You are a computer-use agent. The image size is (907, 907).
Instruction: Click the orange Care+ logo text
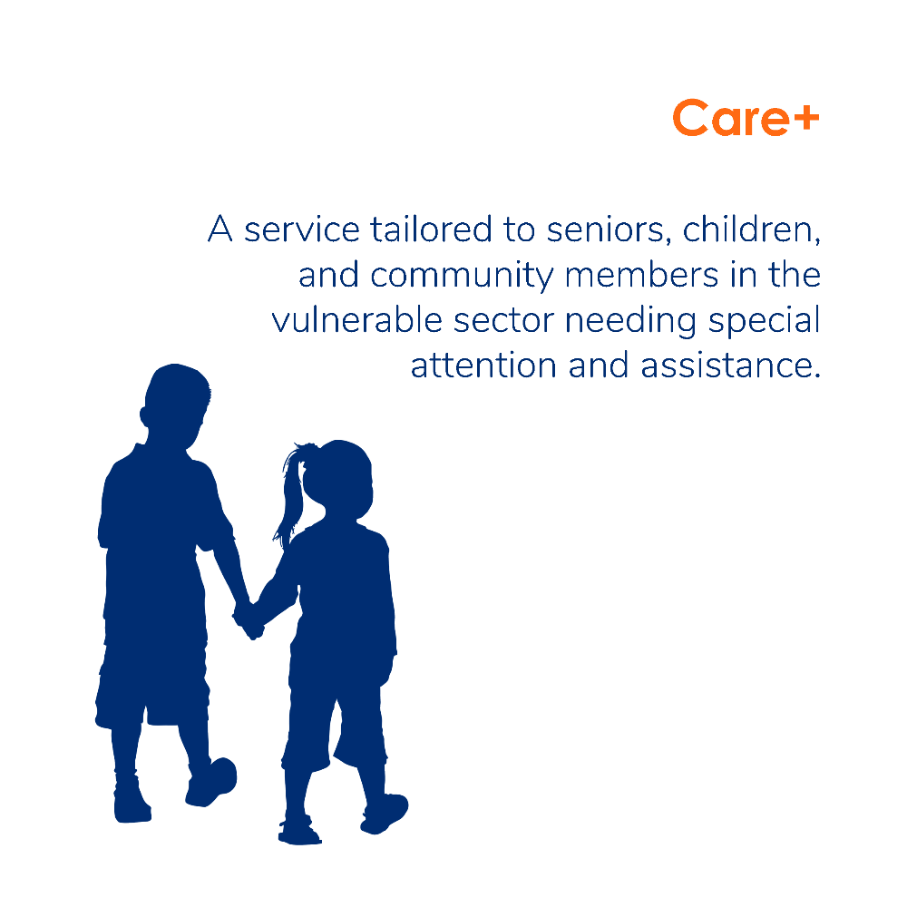[x=746, y=118]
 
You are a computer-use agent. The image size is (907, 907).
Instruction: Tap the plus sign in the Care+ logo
[x=805, y=119]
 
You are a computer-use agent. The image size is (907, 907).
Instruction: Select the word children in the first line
[x=751, y=229]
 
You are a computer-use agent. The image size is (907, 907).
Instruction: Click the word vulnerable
[x=356, y=320]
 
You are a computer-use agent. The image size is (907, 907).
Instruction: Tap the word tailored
[x=431, y=229]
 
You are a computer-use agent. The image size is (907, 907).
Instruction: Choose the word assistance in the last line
[x=730, y=366]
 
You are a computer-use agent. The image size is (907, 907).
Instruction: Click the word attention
[x=483, y=366]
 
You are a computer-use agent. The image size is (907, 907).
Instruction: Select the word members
[x=641, y=275]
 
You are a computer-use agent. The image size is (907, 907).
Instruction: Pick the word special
[x=764, y=322]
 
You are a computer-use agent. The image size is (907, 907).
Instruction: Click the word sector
[x=503, y=321]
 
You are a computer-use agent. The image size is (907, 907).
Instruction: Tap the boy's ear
[x=144, y=416]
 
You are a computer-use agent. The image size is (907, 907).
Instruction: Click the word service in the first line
[x=302, y=230]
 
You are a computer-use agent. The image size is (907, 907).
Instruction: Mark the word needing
[x=631, y=322]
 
